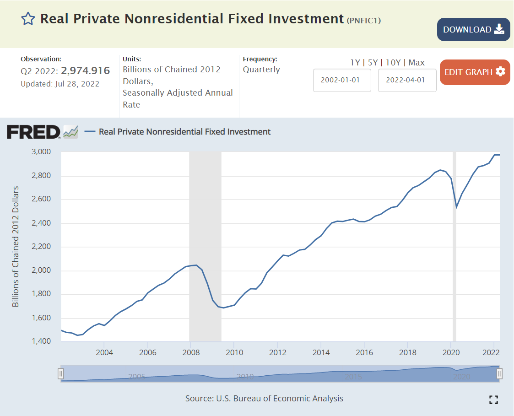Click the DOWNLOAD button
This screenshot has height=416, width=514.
point(473,30)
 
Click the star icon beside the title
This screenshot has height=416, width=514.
point(28,19)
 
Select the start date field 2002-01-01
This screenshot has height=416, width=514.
point(342,80)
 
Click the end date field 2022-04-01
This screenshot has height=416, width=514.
point(407,80)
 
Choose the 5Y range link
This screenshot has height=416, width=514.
point(373,63)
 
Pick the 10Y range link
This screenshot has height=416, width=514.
point(393,63)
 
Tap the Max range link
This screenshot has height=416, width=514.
point(417,63)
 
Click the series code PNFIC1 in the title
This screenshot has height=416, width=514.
point(364,20)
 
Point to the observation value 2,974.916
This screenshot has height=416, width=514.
point(85,71)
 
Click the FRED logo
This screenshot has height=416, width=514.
point(34,132)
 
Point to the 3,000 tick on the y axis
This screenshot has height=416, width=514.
point(41,152)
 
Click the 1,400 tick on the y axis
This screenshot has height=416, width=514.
point(41,342)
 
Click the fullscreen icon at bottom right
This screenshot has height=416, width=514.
point(493,400)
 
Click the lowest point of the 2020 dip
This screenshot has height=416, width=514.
point(456,207)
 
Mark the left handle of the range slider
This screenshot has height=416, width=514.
point(60,373)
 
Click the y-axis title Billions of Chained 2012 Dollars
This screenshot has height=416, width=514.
point(16,246)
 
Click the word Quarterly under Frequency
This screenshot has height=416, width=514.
point(261,70)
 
